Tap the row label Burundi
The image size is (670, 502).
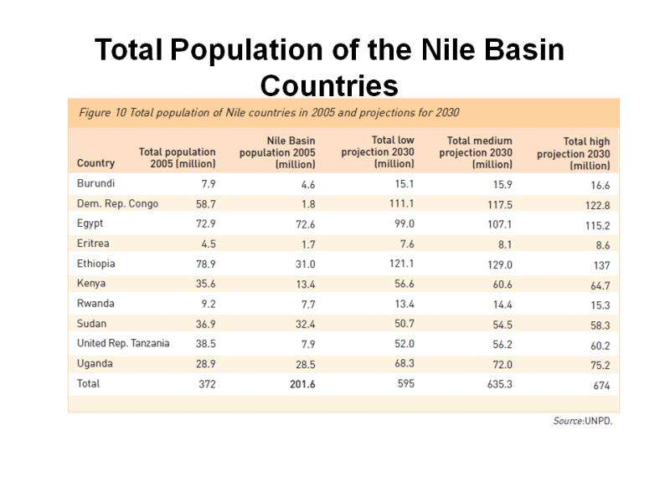tap(95, 183)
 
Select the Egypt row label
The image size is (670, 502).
tap(90, 223)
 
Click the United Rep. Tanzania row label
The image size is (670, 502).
tap(123, 343)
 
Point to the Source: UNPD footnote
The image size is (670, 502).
tap(582, 421)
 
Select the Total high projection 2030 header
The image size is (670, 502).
tap(574, 154)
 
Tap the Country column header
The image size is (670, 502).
tap(95, 164)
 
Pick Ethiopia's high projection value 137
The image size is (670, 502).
tap(601, 266)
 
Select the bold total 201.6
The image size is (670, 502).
tap(300, 384)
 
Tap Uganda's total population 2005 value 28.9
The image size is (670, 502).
tap(205, 364)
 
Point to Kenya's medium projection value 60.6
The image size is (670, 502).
tap(499, 284)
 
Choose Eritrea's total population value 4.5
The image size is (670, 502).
tap(208, 244)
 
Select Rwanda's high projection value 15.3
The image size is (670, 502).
tap(600, 305)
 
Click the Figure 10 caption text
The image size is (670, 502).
tap(268, 112)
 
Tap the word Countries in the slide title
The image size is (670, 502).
tap(328, 85)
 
